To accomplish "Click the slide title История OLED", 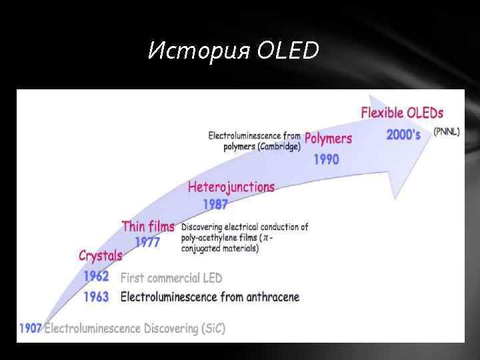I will coord(233,50).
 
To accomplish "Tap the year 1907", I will coord(31,328).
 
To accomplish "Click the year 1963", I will coord(97,297).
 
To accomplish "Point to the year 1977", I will coord(147,243).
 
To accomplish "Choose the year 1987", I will coord(215,205).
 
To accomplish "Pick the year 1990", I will coord(326,159).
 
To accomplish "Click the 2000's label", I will coord(403,135).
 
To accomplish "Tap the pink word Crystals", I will coord(101,255).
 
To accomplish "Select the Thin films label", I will coord(148,227).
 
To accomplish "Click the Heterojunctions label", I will coord(231,187).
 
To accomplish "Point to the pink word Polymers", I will coord(328,139).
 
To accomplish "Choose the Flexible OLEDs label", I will coord(402,113).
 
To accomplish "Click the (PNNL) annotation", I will coord(446,132).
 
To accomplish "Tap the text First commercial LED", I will coord(171,277).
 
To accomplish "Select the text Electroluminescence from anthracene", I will coord(209,297).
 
